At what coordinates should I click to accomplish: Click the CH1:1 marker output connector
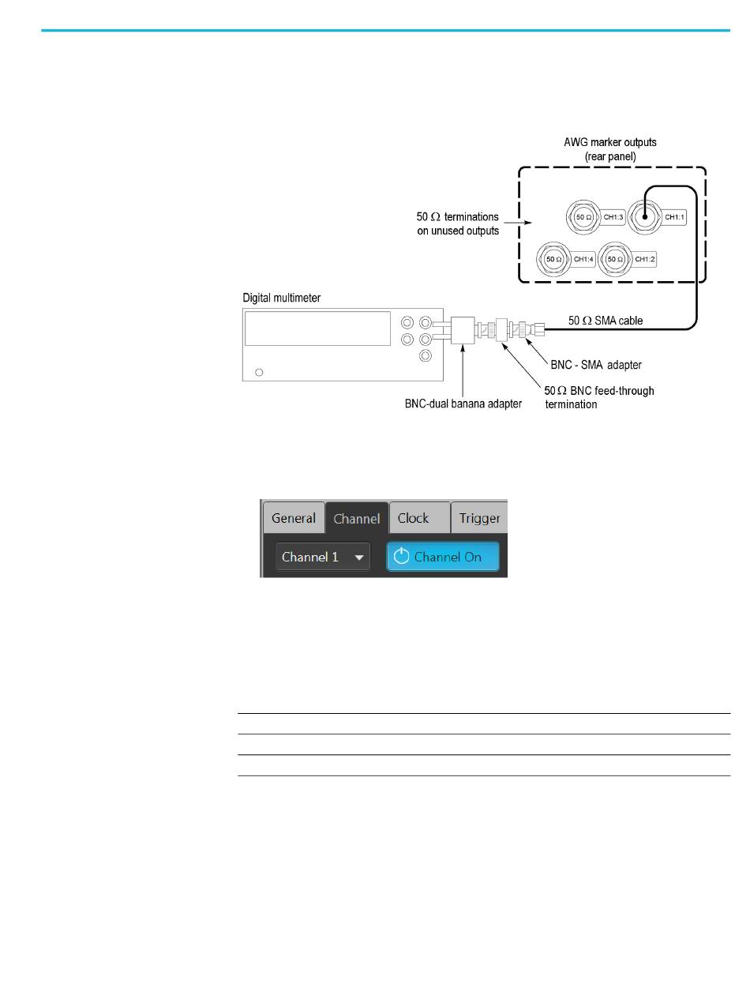[644, 216]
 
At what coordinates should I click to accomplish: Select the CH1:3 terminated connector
[583, 216]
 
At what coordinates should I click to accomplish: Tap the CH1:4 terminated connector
[553, 258]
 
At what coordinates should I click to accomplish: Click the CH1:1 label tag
[673, 216]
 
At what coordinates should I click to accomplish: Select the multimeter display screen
[317, 328]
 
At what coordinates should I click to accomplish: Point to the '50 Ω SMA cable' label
[606, 321]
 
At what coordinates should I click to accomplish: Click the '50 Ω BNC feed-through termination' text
[599, 396]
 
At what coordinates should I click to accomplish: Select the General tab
[294, 519]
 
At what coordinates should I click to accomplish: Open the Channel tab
[357, 519]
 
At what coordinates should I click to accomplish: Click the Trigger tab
[479, 519]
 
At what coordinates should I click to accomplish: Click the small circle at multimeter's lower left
[261, 371]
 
